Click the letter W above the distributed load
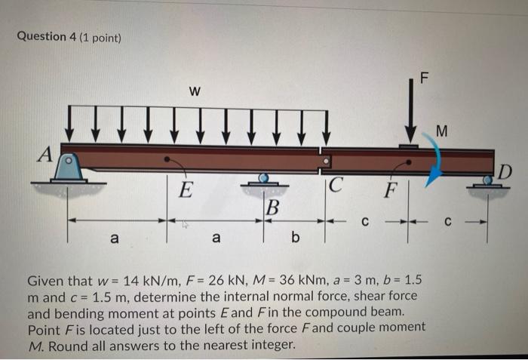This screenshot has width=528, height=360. pyautogui.click(x=195, y=92)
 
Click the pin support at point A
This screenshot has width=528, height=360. pyautogui.click(x=69, y=169)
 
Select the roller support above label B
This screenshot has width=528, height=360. pyautogui.click(x=263, y=180)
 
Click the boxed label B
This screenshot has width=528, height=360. pyautogui.click(x=272, y=206)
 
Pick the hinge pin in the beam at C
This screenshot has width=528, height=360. pyautogui.click(x=326, y=160)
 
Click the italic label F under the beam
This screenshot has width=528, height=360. pyautogui.click(x=389, y=189)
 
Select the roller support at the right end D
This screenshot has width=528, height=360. pyautogui.click(x=488, y=182)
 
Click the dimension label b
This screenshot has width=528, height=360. pyautogui.click(x=295, y=239)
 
